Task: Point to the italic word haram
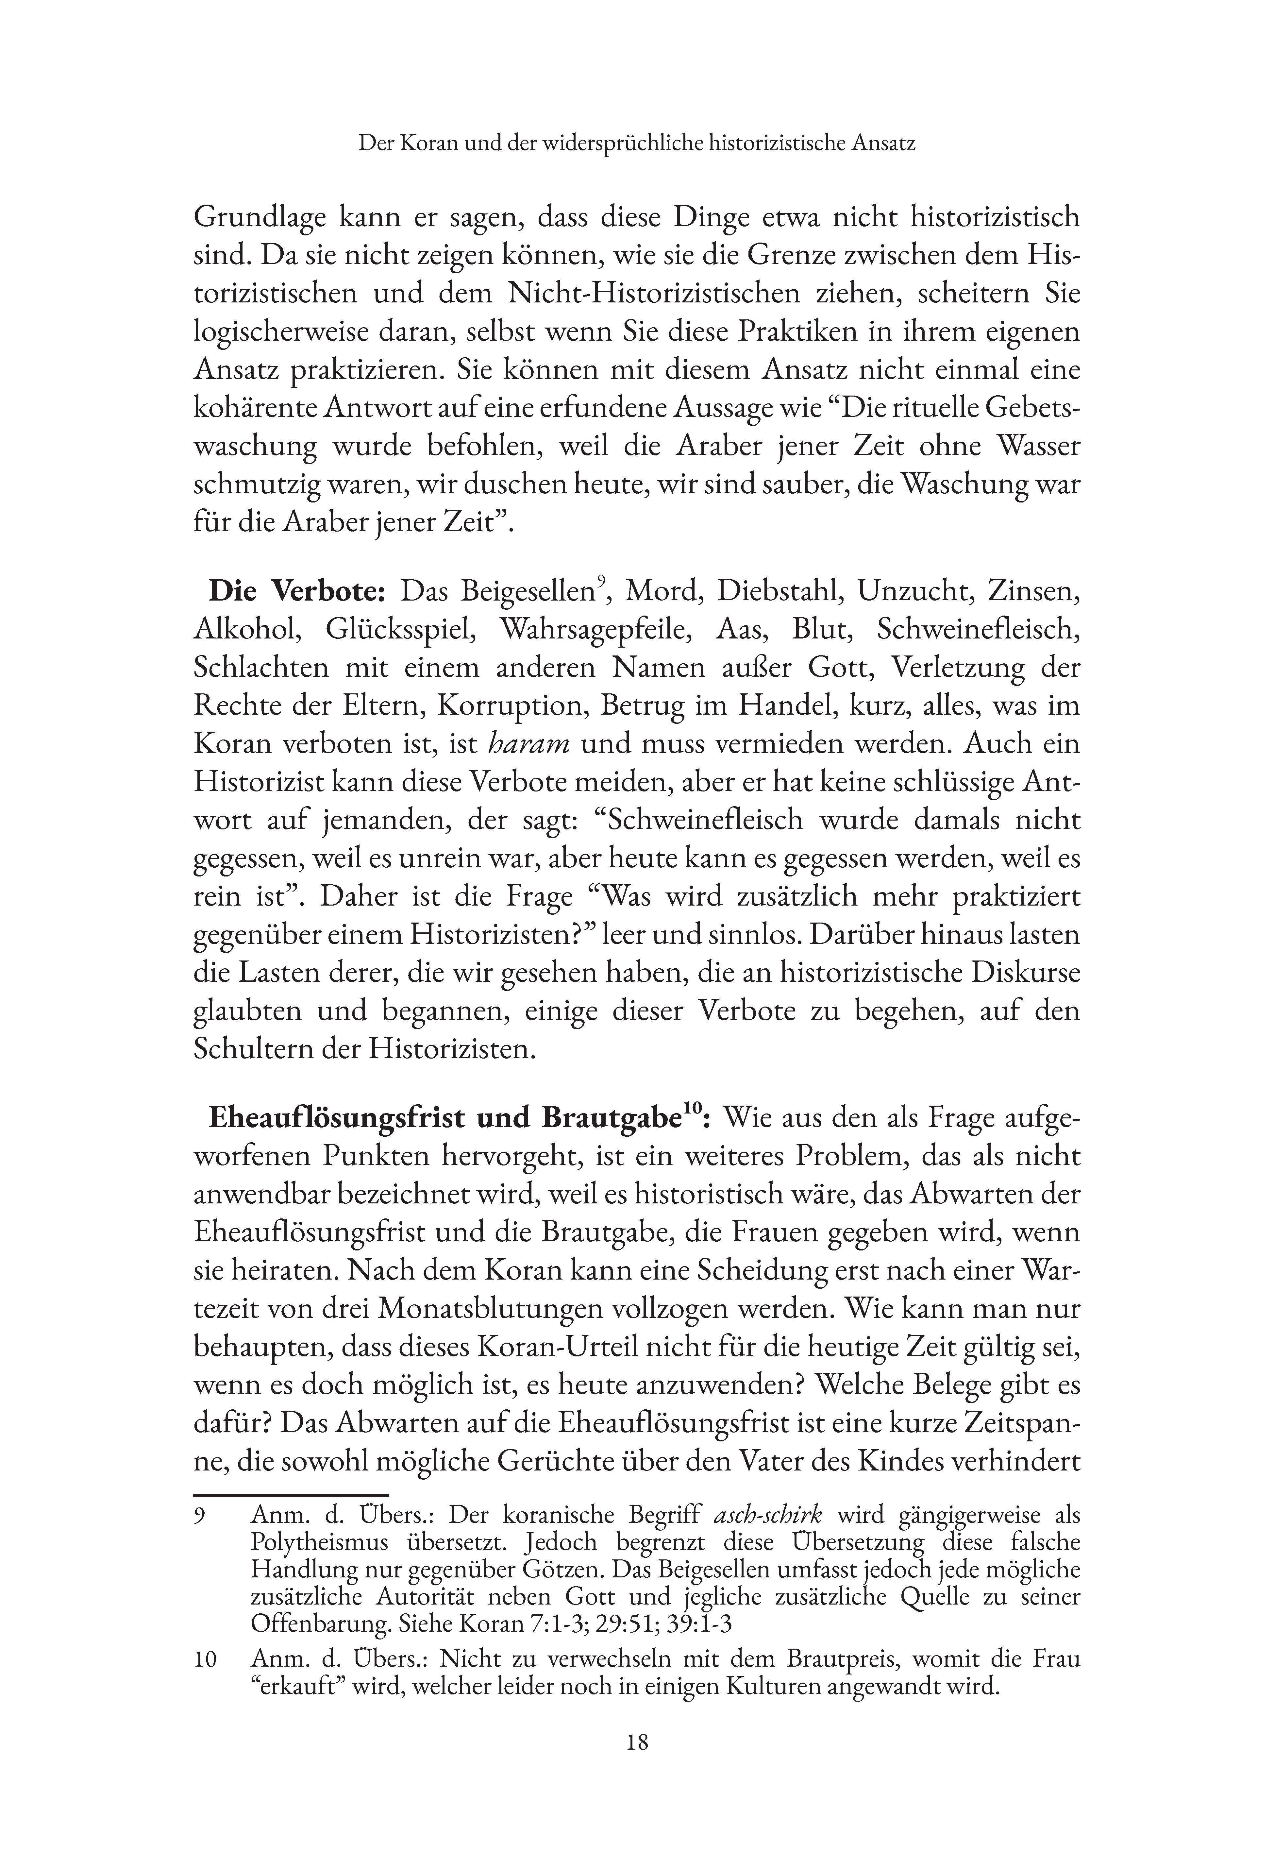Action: point(530,743)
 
